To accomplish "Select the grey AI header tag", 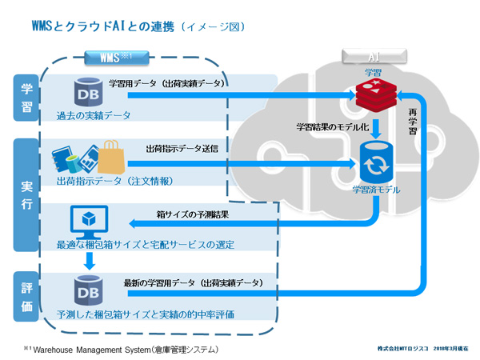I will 372,57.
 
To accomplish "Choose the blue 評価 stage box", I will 26,295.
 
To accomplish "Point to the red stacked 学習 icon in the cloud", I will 372,95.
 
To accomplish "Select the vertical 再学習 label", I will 413,121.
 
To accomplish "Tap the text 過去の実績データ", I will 94,115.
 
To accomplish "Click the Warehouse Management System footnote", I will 120,350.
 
